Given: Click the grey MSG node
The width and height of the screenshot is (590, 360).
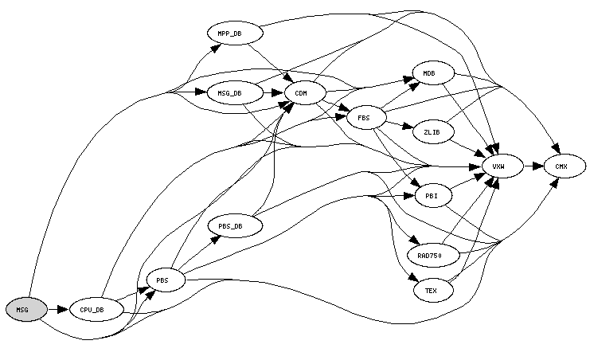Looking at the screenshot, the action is pyautogui.click(x=27, y=310).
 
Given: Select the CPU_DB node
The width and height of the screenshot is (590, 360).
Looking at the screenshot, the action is pyautogui.click(x=96, y=310).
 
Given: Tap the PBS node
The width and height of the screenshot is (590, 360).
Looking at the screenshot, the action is pyautogui.click(x=166, y=280).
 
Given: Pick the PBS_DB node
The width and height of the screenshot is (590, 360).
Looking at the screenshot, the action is pyautogui.click(x=235, y=225).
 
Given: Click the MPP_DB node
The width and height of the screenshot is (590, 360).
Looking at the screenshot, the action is pyautogui.click(x=235, y=33).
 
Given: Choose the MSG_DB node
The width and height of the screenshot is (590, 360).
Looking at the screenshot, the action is pyautogui.click(x=235, y=92).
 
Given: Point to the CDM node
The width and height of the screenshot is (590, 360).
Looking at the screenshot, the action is pyautogui.click(x=305, y=92).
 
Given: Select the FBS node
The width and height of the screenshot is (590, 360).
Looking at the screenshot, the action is pyautogui.click(x=366, y=118).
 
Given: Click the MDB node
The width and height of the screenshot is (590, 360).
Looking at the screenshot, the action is pyautogui.click(x=433, y=72).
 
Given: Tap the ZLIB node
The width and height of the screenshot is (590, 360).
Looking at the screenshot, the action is pyautogui.click(x=433, y=131).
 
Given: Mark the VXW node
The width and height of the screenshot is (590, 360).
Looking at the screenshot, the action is pyautogui.click(x=502, y=166).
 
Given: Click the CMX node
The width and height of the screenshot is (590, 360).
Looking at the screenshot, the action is pyautogui.click(x=565, y=166).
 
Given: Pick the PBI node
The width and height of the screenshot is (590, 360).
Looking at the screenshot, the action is pyautogui.click(x=433, y=195).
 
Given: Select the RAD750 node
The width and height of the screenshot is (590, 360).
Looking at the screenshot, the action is pyautogui.click(x=433, y=256).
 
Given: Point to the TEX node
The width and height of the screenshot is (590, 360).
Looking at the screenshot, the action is pyautogui.click(x=433, y=291).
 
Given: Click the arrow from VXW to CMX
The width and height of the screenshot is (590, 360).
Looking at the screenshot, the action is pyautogui.click(x=534, y=166).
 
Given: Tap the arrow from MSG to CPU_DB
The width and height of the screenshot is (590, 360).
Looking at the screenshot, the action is pyautogui.click(x=59, y=310).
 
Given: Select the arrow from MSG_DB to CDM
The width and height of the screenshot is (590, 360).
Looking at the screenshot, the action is pyautogui.click(x=274, y=92).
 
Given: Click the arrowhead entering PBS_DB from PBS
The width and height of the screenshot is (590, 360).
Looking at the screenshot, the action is pyautogui.click(x=216, y=239).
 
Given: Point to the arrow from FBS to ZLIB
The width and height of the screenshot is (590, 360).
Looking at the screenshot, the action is pyautogui.click(x=400, y=124).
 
